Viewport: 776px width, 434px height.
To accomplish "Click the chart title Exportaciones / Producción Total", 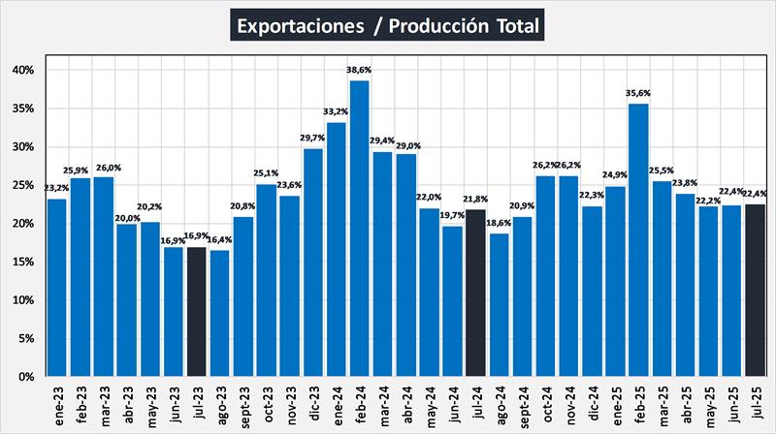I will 387,24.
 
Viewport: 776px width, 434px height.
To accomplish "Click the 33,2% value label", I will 336,113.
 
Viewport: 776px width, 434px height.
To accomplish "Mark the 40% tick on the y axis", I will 23,70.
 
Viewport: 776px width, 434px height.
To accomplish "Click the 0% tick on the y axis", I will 27,376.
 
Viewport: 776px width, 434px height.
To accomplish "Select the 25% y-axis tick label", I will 23,185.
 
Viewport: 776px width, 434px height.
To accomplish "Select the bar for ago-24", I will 499,304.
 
